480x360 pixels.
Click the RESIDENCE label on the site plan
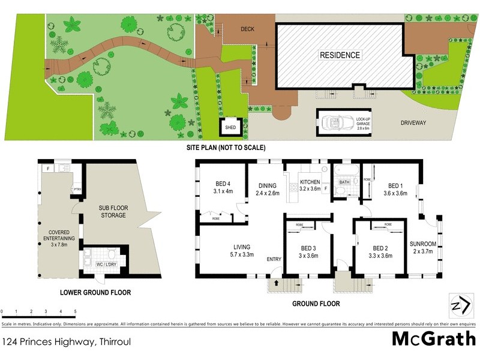340,55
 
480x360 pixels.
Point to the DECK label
248,28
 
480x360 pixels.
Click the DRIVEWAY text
413,122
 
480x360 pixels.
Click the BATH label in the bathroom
344,181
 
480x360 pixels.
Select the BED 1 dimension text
395,193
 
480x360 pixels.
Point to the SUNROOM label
423,247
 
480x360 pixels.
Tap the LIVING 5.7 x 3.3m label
242,250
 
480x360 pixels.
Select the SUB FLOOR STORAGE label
113,211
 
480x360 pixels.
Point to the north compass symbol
459,305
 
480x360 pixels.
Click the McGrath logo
433,339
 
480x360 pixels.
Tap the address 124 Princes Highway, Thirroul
67,342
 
